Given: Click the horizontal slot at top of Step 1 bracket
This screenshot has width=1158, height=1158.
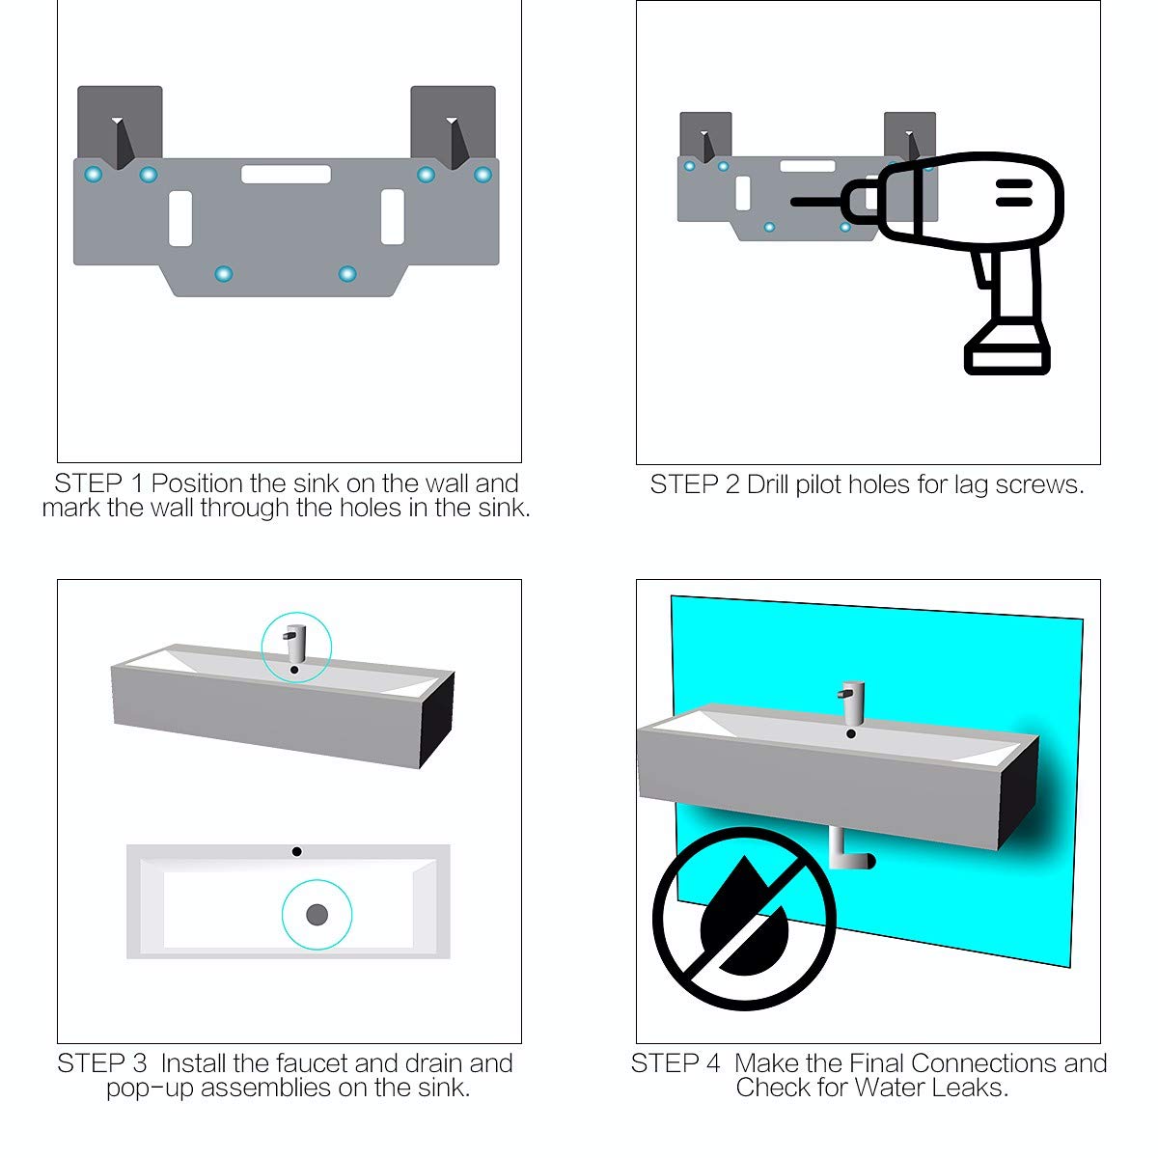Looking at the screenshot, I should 286,175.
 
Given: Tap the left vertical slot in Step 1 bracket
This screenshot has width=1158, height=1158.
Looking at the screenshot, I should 180,217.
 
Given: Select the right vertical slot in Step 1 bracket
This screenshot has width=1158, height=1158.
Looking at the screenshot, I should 392,217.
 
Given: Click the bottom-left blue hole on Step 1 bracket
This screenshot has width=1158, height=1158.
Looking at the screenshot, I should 224,274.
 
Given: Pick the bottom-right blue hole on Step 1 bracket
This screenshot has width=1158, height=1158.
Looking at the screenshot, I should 347,274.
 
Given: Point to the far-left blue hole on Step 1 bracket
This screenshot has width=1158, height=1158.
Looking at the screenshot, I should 93,175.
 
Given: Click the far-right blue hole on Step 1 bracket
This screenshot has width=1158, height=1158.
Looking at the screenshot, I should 482,175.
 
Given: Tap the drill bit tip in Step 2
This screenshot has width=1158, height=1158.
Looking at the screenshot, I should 795,202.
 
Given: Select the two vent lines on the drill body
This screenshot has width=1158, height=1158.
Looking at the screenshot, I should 1013,193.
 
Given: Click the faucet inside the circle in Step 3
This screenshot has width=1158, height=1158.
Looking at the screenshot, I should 295,641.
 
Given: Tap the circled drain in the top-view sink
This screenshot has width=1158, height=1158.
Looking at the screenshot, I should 317,914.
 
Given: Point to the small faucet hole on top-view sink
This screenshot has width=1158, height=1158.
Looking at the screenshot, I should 296,851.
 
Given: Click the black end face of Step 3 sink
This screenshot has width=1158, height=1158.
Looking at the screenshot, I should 437,719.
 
